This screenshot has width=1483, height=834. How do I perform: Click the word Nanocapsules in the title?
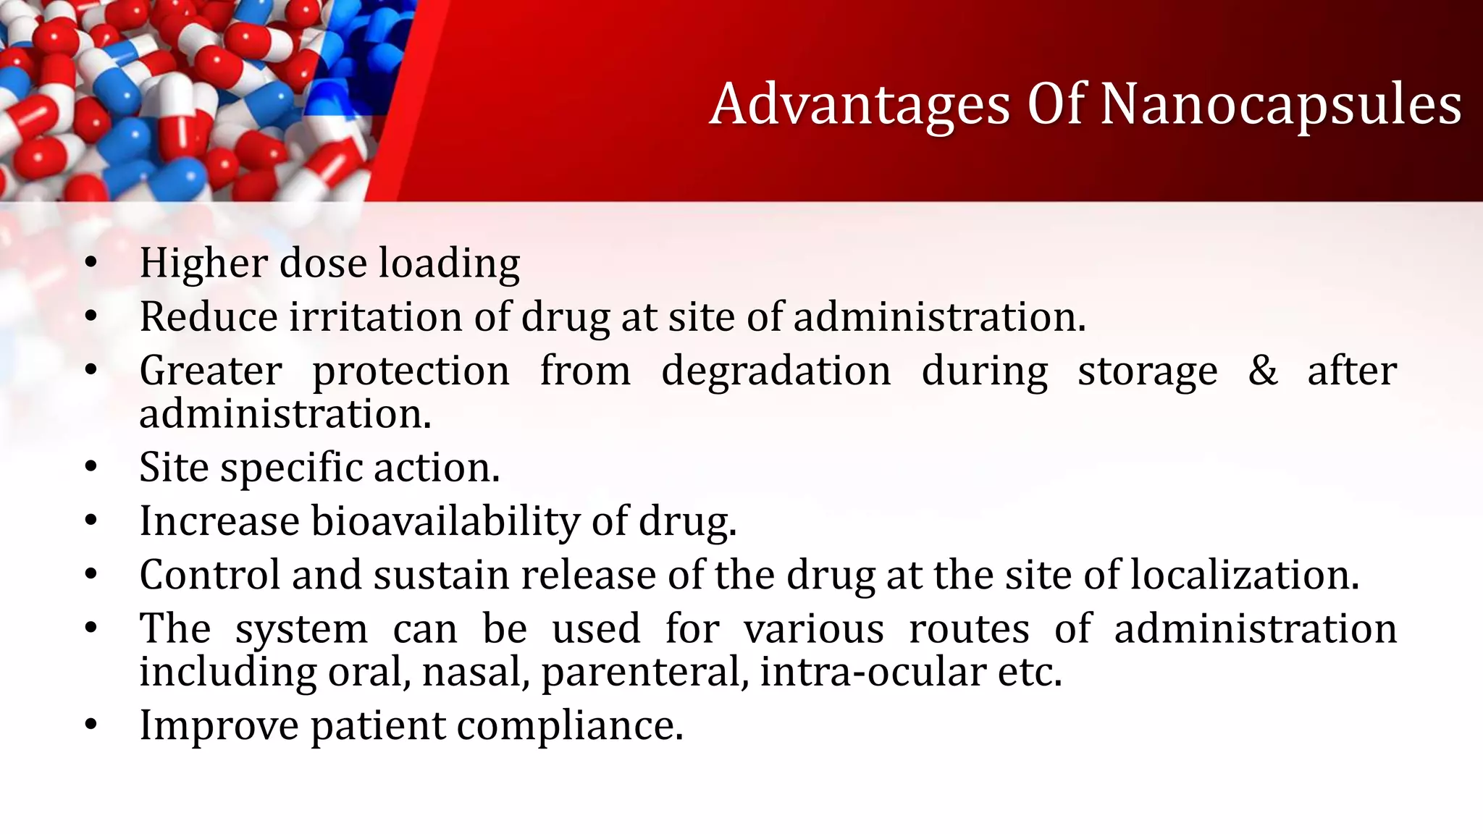pyautogui.click(x=1280, y=106)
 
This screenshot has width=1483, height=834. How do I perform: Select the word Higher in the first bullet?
pyautogui.click(x=203, y=263)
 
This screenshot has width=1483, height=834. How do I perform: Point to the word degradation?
pyautogui.click(x=776, y=371)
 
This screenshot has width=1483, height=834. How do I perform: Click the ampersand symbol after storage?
pyautogui.click(x=1262, y=370)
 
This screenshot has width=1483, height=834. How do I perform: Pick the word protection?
pyautogui.click(x=411, y=372)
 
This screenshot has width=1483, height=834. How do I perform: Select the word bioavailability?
pyautogui.click(x=445, y=521)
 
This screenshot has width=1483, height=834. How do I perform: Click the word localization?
pyautogui.click(x=1244, y=575)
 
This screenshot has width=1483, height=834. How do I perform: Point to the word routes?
pyautogui.click(x=968, y=628)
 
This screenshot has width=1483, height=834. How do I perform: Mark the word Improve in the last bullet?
pyautogui.click(x=219, y=726)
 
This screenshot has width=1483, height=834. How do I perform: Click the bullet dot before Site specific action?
pyautogui.click(x=91, y=468)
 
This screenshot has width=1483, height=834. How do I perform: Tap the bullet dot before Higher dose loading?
pyautogui.click(x=91, y=264)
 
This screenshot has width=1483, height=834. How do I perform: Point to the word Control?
pyautogui.click(x=209, y=575)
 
